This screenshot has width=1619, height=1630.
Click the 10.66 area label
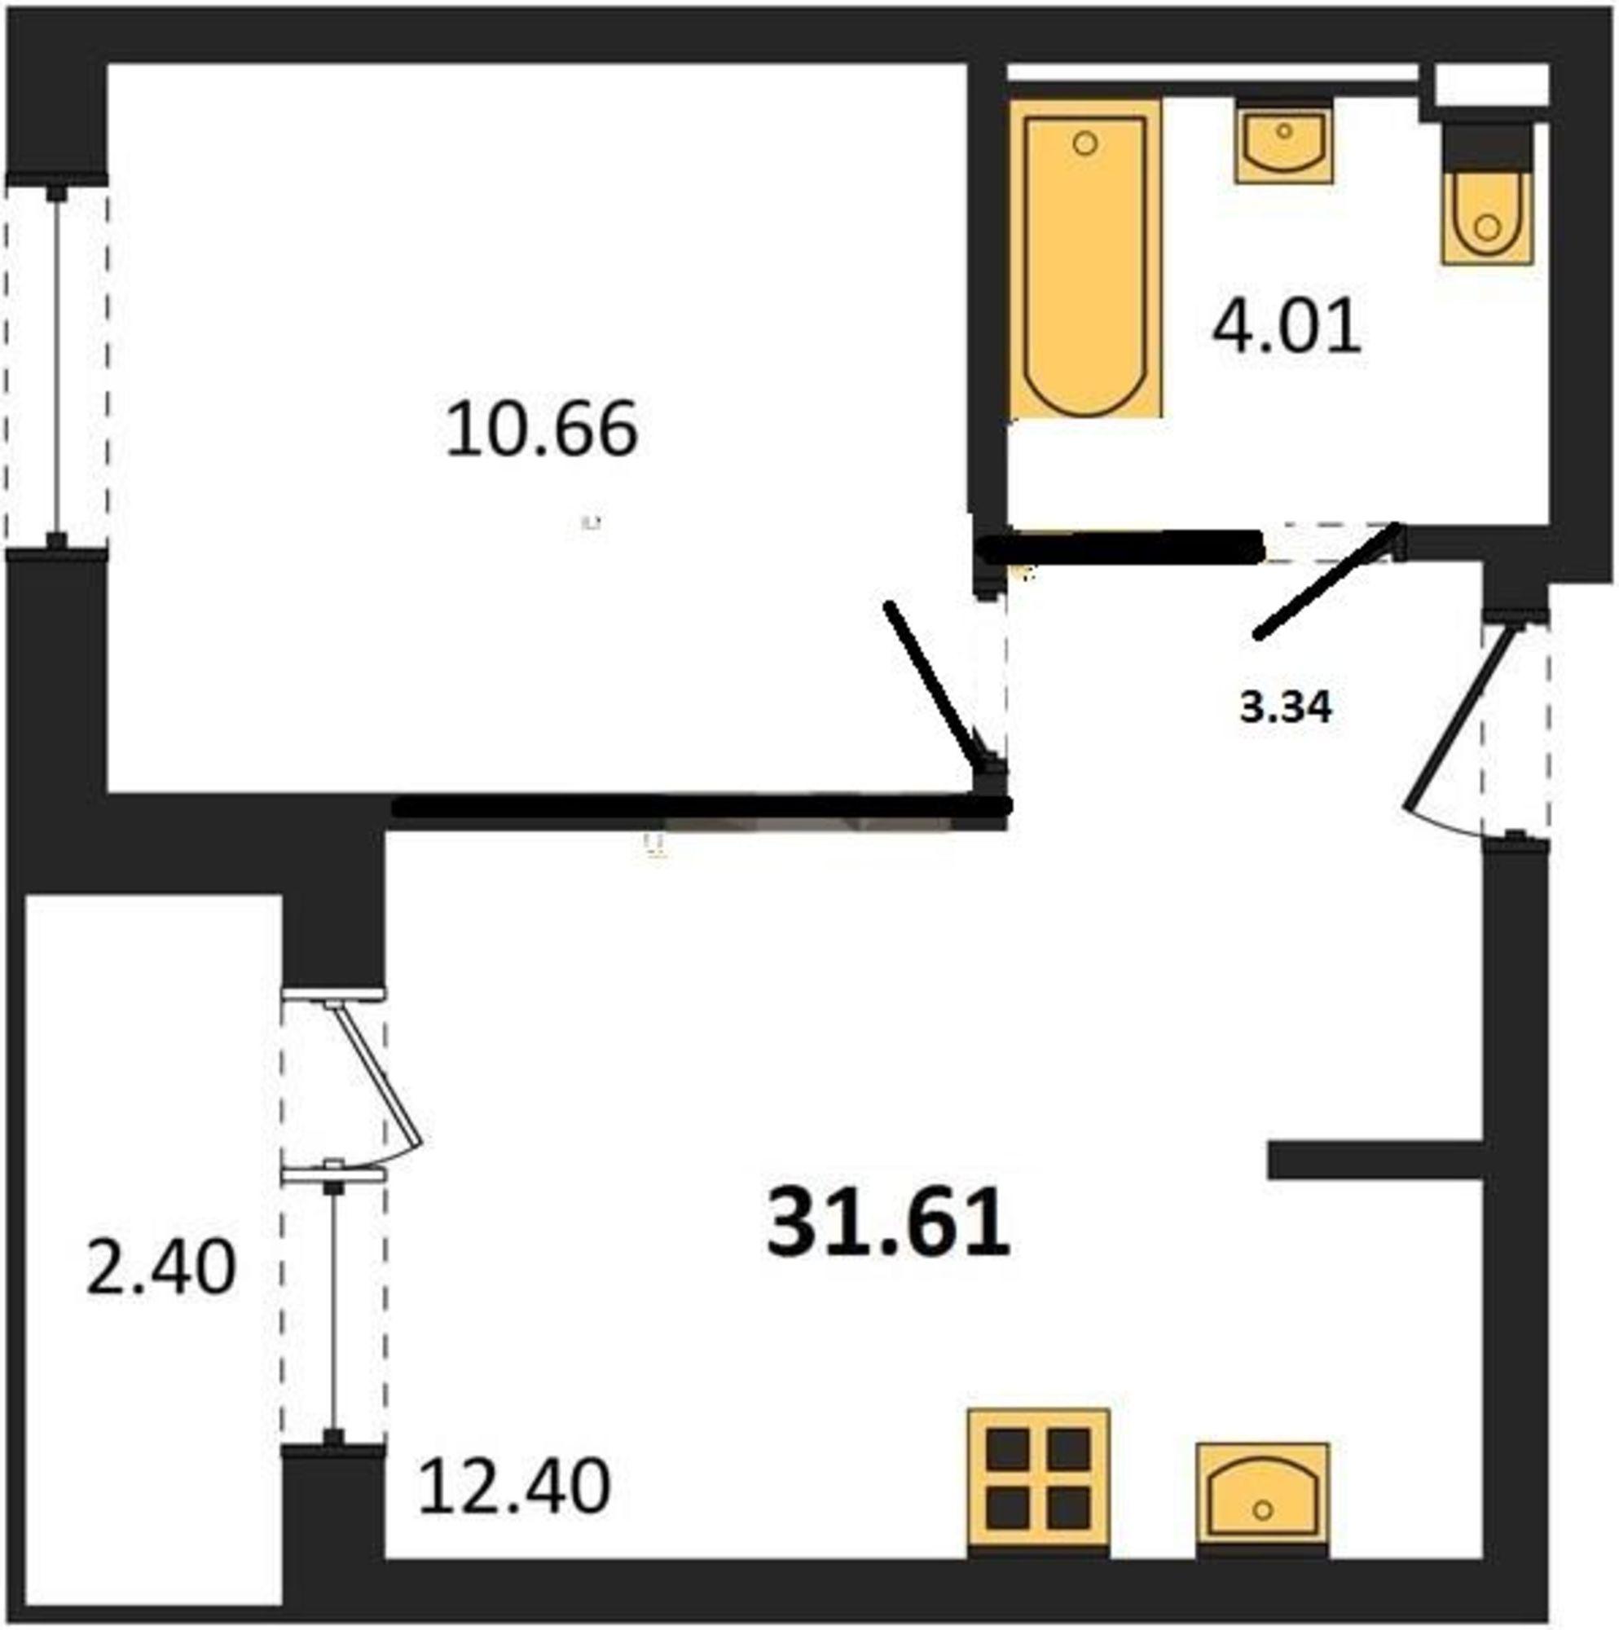click(x=542, y=430)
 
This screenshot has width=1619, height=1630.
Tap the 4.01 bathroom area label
click(x=1287, y=328)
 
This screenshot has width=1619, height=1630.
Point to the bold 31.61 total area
click(x=888, y=1221)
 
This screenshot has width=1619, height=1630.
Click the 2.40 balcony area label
click(x=161, y=1267)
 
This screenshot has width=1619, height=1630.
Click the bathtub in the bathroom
click(x=1087, y=258)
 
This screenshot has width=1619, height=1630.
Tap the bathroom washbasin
click(x=1284, y=141)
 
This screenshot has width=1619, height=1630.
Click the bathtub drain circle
click(x=1086, y=144)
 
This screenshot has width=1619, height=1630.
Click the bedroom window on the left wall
click(x=56, y=364)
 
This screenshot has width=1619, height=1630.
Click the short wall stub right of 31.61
click(x=1375, y=1160)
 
